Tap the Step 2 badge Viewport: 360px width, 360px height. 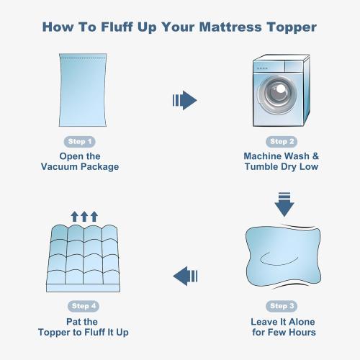pos(282,141)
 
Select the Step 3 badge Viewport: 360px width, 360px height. pos(282,306)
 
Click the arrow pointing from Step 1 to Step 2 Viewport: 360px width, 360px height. pos(184,100)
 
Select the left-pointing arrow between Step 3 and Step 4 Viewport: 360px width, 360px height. pos(186,275)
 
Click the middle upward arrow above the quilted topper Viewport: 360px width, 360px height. pos(84,216)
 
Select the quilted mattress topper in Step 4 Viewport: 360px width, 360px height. pos(82,256)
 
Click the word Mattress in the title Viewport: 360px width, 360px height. pos(232,27)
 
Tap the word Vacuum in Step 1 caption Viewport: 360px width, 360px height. pos(63,167)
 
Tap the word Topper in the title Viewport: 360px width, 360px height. pos(292,27)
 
